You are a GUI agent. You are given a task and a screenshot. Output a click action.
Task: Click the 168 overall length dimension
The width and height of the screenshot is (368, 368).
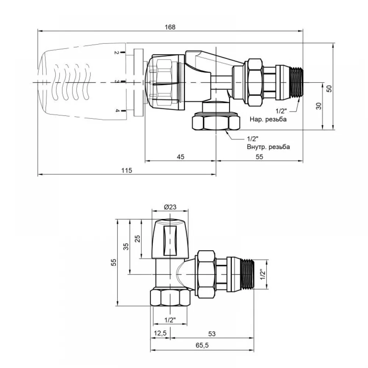(170, 27)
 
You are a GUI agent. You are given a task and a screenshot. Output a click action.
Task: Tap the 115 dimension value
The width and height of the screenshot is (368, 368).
(127, 170)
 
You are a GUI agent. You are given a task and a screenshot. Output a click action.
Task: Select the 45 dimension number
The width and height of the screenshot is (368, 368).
(180, 157)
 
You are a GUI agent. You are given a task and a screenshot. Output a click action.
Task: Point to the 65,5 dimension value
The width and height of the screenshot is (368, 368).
(202, 345)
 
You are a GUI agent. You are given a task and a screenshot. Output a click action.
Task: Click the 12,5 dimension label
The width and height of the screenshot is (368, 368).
(160, 333)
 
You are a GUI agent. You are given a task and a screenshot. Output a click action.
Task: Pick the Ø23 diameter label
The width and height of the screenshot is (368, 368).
(170, 207)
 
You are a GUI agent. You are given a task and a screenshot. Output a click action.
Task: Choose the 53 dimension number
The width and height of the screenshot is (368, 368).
(212, 334)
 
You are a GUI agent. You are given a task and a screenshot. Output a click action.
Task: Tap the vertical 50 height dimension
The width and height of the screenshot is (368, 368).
(329, 88)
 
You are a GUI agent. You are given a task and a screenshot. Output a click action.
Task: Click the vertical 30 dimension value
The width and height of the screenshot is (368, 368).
(318, 106)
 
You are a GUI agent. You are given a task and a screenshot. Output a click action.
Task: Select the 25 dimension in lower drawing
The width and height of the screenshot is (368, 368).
(138, 239)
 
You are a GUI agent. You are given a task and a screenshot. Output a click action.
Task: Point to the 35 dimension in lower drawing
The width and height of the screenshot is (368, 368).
(126, 247)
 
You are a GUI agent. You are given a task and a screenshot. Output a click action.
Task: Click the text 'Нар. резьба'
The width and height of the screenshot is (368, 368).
(268, 119)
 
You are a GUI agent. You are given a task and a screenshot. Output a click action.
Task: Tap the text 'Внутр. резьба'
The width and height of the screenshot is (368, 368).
(268, 147)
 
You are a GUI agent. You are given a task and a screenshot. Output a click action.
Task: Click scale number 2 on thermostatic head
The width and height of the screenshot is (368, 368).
(116, 52)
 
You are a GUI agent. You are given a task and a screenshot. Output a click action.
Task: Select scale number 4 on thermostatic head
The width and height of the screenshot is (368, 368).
(117, 110)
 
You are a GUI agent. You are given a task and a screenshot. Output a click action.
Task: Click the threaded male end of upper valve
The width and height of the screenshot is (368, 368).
(297, 82)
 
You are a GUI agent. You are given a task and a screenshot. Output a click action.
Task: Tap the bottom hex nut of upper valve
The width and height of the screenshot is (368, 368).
(216, 121)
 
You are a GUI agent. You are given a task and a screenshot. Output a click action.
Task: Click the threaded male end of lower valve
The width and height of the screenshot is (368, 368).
(248, 274)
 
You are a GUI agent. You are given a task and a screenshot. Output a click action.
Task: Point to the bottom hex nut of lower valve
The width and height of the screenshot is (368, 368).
(170, 298)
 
